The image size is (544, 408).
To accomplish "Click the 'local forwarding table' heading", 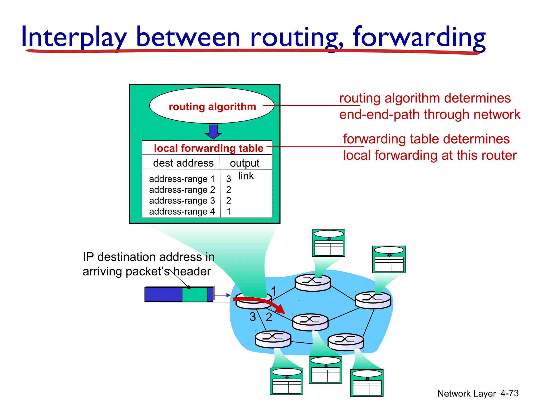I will pos(209,148).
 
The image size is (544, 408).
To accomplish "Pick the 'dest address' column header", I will pos(183,163).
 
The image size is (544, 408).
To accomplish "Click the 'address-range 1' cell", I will pos(182,179).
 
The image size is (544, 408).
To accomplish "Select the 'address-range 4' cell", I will pos(182,211).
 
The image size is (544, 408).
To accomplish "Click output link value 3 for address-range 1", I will pos(228,179).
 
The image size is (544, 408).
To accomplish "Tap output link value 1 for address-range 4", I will pos(228,211).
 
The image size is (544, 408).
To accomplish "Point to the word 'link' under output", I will pos(246,176).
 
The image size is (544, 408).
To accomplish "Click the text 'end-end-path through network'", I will pos(430,114).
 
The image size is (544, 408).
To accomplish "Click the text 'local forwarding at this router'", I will pos(430,155).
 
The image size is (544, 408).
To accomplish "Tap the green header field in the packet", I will pos(195,295).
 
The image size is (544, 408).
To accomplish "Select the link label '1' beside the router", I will pos(274,291).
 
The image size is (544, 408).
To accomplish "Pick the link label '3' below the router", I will pos(253,317).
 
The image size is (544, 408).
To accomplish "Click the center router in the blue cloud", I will pos(310,322).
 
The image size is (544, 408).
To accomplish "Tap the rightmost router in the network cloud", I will pos(373,300).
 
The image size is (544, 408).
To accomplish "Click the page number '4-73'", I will pos(509,393).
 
